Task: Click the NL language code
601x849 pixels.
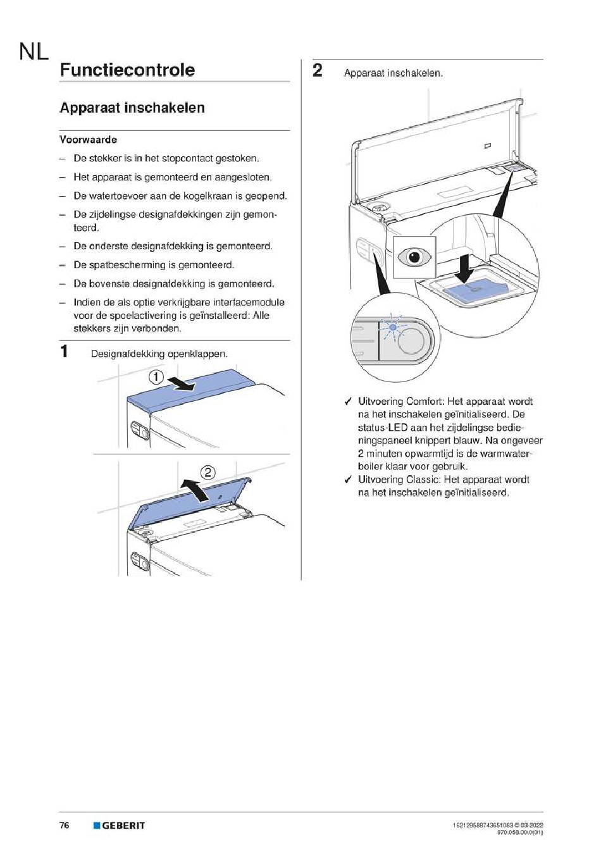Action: [x=34, y=51]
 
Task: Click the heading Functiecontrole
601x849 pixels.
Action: [x=127, y=70]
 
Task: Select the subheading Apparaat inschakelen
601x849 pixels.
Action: [x=132, y=108]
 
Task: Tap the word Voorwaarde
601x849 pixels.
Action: [x=88, y=140]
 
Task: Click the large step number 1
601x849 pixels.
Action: [x=64, y=350]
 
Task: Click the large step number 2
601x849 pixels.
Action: [x=318, y=70]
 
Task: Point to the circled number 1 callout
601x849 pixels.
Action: [x=156, y=378]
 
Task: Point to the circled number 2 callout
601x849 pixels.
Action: [x=208, y=473]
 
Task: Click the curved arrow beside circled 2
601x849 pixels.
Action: [x=195, y=488]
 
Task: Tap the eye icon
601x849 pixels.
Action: [x=414, y=257]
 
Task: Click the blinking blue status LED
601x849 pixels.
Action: [x=393, y=326]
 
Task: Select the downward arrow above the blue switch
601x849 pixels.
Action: [x=466, y=268]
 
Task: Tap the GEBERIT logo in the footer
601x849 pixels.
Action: [x=120, y=826]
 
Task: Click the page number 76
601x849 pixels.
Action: [x=65, y=826]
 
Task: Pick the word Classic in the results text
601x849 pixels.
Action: [x=425, y=480]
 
